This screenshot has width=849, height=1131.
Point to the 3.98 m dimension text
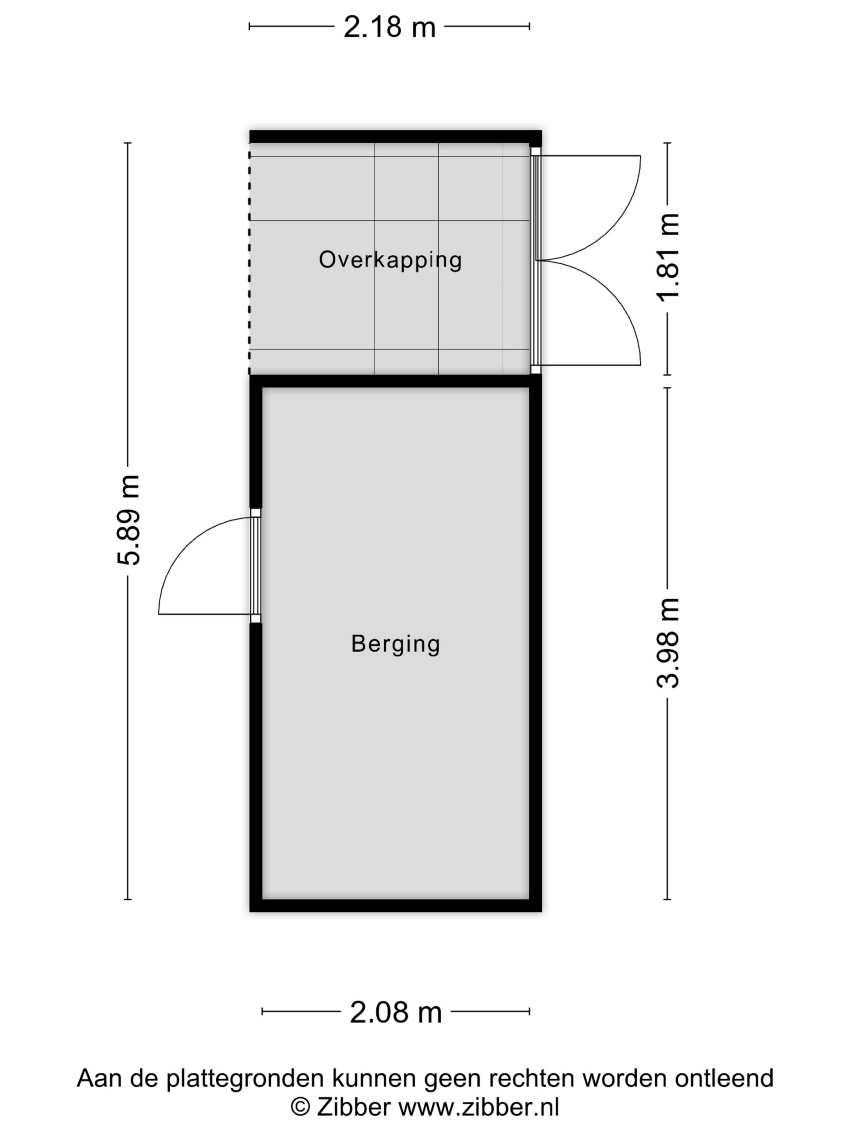coord(668,643)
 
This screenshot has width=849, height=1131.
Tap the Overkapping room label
coord(390,260)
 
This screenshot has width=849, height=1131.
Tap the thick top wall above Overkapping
coord(395,137)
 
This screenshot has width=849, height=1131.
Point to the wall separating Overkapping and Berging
coord(395,381)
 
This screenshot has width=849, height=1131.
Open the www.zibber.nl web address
coord(478,1108)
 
